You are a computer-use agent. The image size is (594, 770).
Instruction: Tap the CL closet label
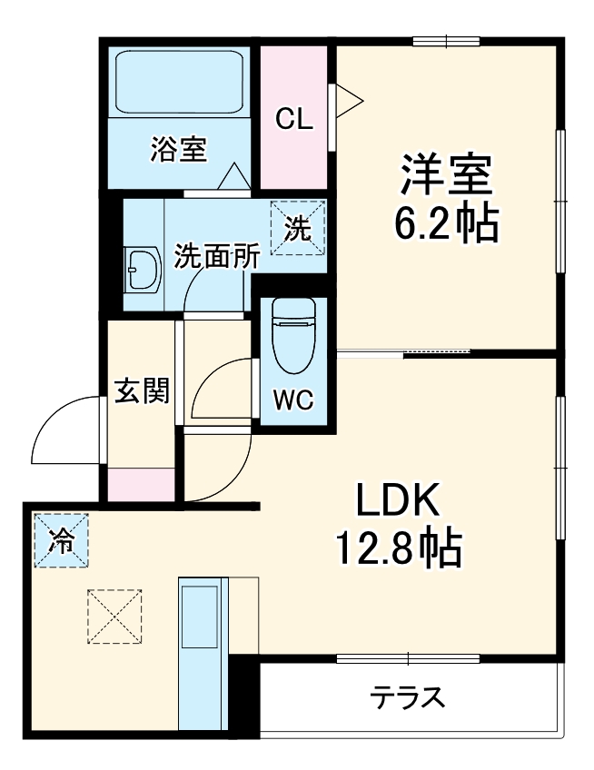(294, 119)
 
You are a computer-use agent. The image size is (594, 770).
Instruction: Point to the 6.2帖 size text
(446, 223)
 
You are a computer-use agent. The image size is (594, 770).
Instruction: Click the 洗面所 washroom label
(217, 256)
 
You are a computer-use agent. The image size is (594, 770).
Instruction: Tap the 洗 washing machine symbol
(297, 227)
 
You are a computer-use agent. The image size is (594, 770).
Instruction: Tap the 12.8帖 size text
(400, 548)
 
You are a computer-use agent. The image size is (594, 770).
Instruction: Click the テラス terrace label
(408, 698)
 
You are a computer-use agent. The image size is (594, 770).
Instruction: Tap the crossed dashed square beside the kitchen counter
(115, 617)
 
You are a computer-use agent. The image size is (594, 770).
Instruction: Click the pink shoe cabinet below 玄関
(141, 483)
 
